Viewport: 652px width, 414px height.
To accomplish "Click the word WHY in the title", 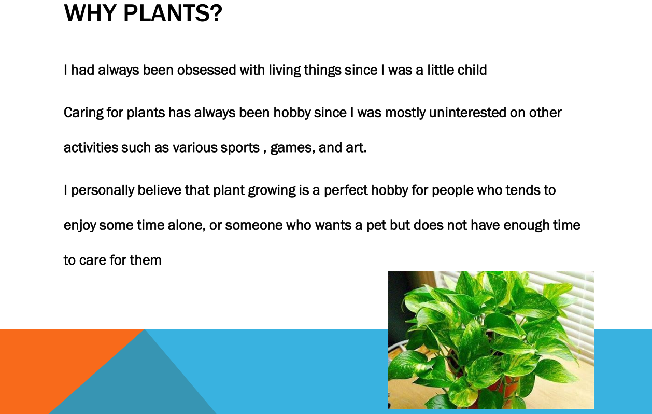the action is pos(90,13).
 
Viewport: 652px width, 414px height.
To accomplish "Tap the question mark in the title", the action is pos(216,13).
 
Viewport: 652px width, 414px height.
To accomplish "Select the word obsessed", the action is pos(206,70).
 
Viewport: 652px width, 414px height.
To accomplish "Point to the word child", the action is pos(472,70).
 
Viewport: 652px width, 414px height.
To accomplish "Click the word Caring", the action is pos(83,113).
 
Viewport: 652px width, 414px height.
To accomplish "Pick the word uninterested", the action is pos(467,113).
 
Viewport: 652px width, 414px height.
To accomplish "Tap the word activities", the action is pos(91,147).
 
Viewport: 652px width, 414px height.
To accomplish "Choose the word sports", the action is pos(240,148).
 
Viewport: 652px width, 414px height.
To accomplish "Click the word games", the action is pos(292,148).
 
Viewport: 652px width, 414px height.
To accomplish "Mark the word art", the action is pos(356,147).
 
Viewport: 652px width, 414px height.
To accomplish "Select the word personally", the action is pos(103,190).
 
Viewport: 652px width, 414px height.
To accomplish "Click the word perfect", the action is pos(346,190).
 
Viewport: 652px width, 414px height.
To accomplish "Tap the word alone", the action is pos(187,225).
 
